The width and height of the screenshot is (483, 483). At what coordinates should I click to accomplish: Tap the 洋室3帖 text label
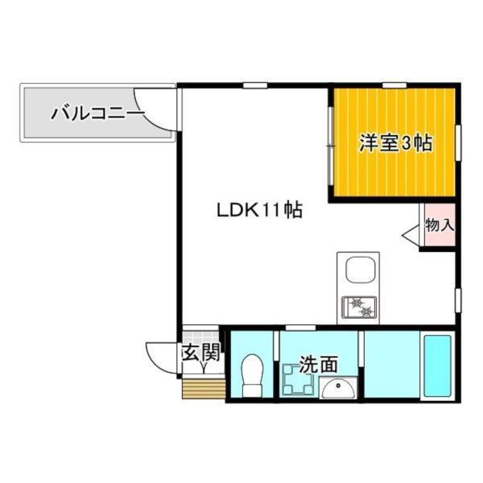tap(395, 144)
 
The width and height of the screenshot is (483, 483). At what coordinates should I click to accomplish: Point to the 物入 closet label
tap(439, 225)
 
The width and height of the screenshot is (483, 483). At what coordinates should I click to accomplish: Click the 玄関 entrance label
tap(200, 352)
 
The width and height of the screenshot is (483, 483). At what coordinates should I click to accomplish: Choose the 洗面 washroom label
tap(318, 364)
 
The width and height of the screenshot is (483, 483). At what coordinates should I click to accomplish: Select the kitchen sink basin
tap(359, 270)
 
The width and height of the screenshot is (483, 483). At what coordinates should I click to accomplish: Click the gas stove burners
tap(359, 306)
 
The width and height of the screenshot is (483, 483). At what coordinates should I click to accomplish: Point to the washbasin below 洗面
tap(337, 388)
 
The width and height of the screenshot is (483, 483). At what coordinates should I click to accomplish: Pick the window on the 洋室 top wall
tap(393, 85)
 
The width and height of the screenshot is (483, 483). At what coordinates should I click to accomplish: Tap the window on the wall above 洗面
tap(299, 326)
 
